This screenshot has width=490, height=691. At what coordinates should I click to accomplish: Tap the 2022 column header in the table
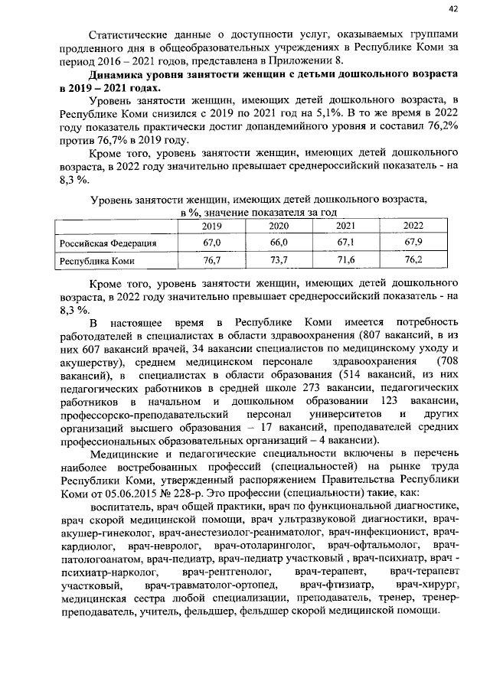(x=413, y=226)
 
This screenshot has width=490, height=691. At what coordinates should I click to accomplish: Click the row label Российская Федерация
(x=109, y=243)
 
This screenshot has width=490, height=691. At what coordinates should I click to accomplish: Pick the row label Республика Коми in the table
(x=98, y=261)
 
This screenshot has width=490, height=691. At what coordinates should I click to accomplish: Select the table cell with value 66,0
(x=279, y=243)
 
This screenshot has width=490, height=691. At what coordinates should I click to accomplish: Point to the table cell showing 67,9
(x=413, y=243)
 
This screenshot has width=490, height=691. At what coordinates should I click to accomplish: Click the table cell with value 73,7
(x=279, y=261)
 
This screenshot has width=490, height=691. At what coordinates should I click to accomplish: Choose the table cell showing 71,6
(x=346, y=261)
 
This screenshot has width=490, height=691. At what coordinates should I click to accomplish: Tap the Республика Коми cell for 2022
(x=413, y=261)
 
